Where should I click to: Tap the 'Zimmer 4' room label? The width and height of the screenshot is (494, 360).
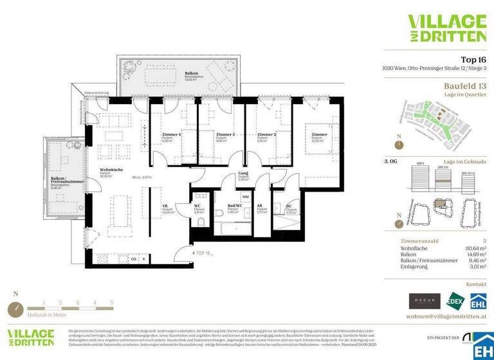pos(171,135)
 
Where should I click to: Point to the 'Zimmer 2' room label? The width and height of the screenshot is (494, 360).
pos(266,135)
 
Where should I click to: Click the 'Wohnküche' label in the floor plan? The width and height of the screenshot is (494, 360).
pos(111,170)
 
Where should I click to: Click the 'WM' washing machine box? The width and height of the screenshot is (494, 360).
pos(245,197)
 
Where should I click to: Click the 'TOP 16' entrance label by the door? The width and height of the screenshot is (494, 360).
pos(204,254)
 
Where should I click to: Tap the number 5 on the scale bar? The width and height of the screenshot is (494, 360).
pos(111,301)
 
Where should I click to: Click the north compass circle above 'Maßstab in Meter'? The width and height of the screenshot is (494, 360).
pos(15,309)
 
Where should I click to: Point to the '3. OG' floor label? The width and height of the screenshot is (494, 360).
pos(390,161)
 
